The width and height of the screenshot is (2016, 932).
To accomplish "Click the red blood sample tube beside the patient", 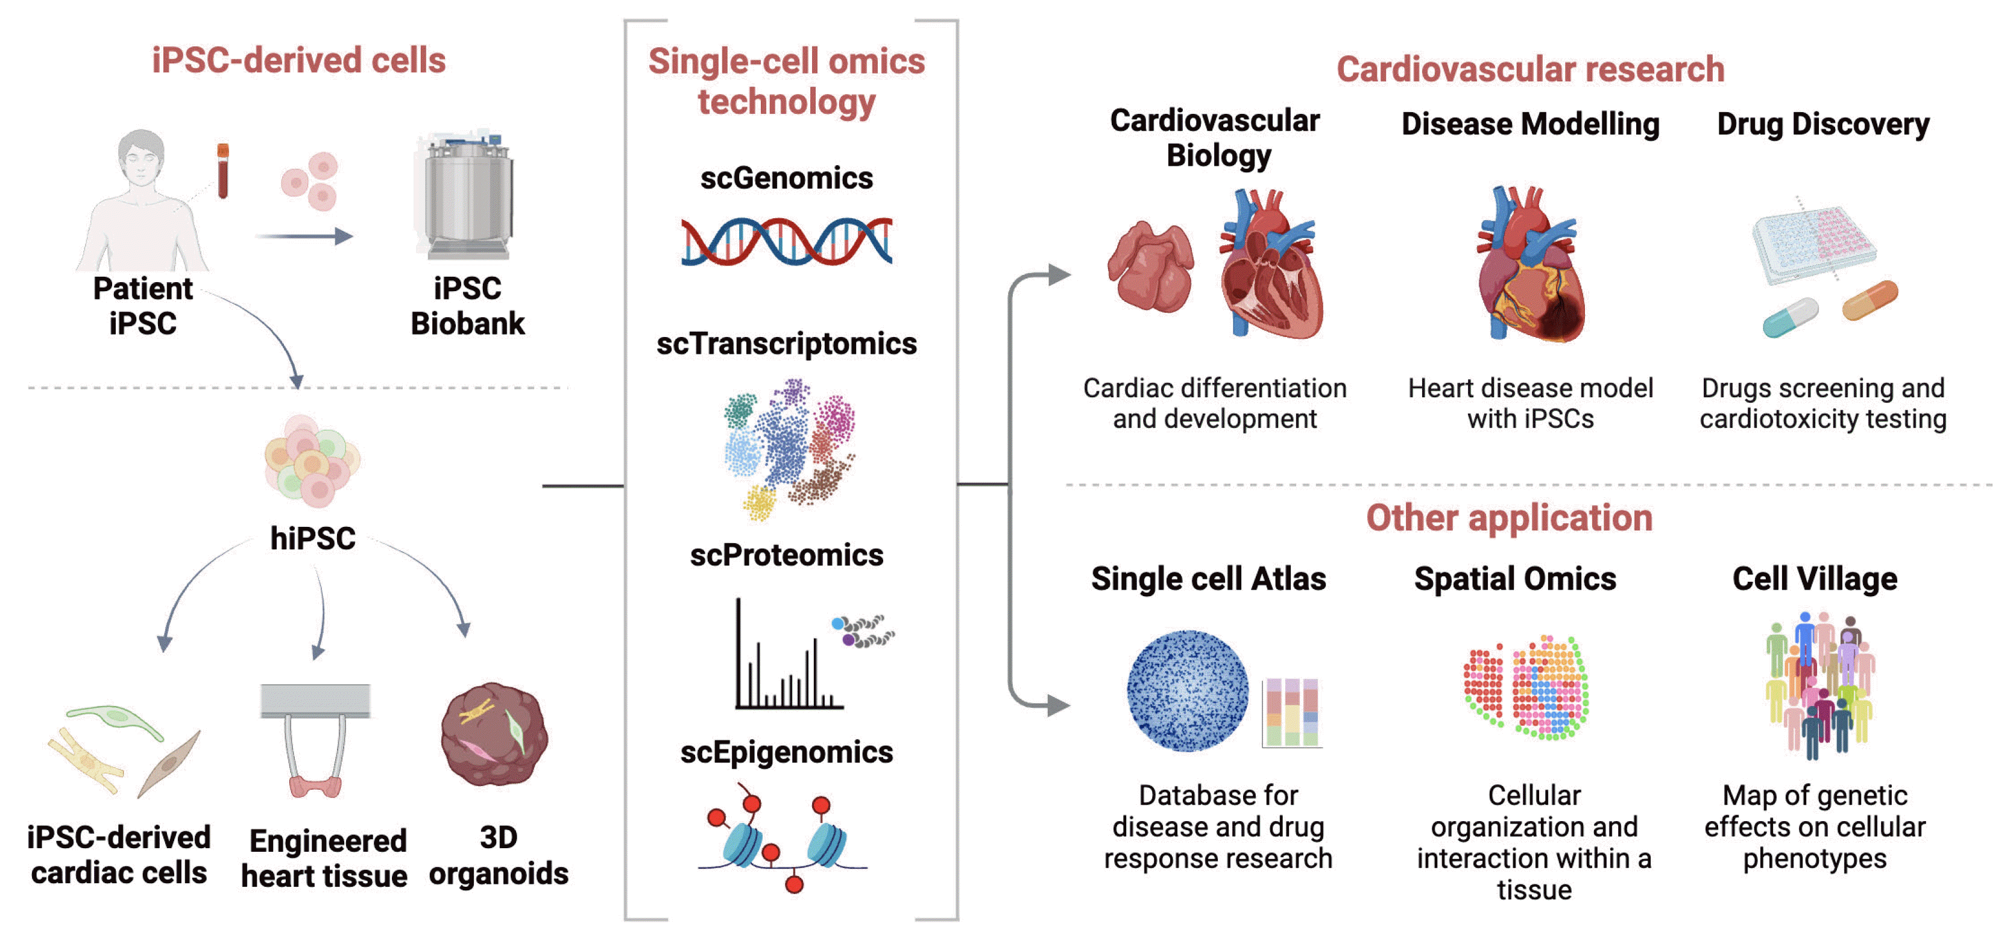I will click(x=223, y=170).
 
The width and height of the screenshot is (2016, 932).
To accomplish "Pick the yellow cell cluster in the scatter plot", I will click(x=758, y=502).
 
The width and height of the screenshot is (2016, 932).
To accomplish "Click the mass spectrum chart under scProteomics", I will click(x=787, y=657).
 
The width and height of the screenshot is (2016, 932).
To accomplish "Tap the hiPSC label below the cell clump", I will click(x=312, y=538).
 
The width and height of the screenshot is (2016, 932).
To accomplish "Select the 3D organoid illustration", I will click(x=494, y=734).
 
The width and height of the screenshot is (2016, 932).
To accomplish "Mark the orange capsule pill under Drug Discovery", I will click(x=1870, y=300).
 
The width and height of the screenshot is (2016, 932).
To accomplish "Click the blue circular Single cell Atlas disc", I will click(x=1186, y=690).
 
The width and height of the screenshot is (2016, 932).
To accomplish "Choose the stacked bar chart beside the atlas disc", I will click(x=1291, y=711).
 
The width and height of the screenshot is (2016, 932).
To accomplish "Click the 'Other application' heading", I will click(x=1509, y=518).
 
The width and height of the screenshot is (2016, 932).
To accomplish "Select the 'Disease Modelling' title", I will click(x=1530, y=124).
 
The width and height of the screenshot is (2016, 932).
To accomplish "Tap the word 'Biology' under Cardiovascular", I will click(x=1218, y=155).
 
